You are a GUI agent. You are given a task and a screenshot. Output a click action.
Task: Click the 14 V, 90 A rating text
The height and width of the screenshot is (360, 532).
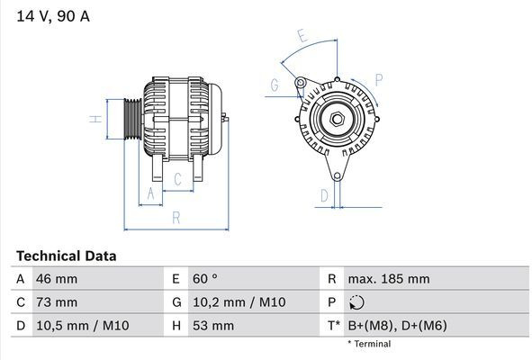click(x=53, y=16)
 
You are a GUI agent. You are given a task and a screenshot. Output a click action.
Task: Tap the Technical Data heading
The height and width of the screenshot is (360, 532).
click(x=66, y=256)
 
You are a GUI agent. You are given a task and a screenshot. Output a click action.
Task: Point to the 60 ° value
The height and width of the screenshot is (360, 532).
click(x=205, y=279)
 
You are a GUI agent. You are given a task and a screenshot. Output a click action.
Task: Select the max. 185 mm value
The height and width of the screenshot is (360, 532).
click(x=389, y=279)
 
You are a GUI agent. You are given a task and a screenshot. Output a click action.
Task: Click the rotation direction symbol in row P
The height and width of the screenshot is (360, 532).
click(x=356, y=302)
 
